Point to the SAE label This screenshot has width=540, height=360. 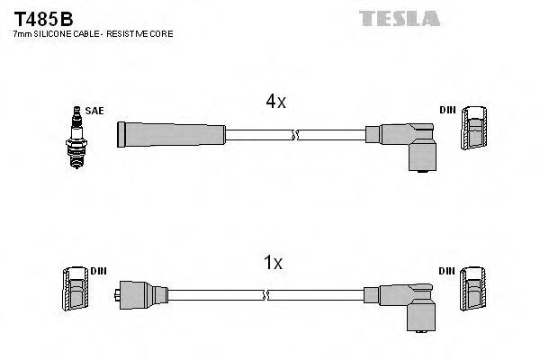[94, 111]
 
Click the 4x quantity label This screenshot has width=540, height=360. [275, 102]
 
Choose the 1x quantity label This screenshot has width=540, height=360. [273, 263]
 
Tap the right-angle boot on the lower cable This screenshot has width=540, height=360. [403, 303]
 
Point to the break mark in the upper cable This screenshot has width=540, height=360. [295, 134]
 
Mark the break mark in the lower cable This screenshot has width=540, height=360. [264, 294]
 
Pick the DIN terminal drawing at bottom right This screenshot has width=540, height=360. [474, 292]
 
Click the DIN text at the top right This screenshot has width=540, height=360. [447, 111]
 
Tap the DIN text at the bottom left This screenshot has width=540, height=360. [97, 271]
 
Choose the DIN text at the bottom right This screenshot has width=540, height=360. [447, 271]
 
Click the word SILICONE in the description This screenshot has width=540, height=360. [50, 34]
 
